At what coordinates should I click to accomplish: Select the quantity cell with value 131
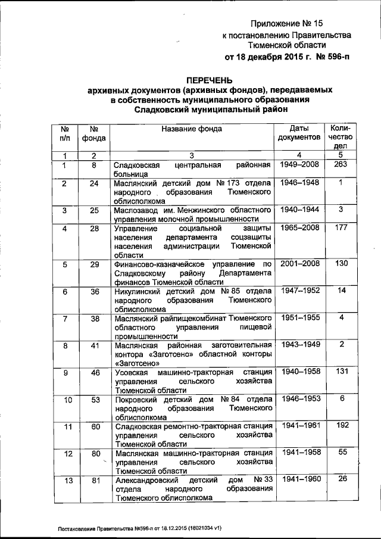point(340,372)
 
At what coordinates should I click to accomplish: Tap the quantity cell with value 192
point(340,425)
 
